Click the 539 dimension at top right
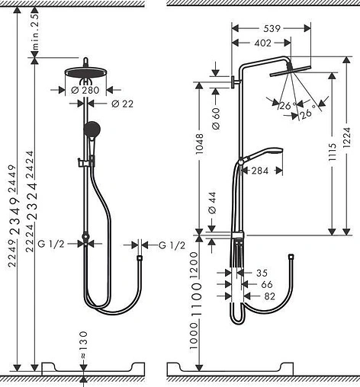(x=271, y=27)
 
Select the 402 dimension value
(x=264, y=43)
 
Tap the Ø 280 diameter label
(x=79, y=89)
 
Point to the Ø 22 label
(x=122, y=104)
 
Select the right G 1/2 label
(x=172, y=244)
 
